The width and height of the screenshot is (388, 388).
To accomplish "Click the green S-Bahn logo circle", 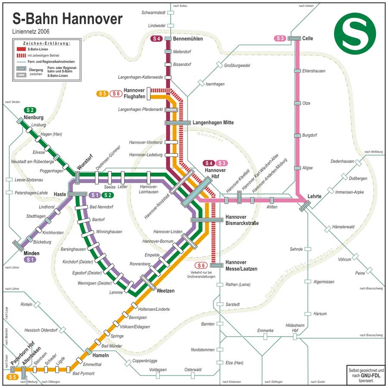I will click(x=355, y=33).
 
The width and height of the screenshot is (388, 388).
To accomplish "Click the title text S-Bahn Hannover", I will click(x=67, y=19).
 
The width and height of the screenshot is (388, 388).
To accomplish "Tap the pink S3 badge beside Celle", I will click(x=280, y=38).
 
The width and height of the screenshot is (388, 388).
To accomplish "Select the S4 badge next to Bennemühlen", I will click(x=156, y=39).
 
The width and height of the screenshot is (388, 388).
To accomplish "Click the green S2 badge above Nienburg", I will click(x=30, y=110).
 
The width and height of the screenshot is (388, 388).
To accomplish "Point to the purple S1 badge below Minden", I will click(x=30, y=260).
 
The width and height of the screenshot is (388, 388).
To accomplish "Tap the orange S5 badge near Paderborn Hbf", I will click(x=12, y=377).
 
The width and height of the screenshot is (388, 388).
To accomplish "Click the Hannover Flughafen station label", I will click(x=134, y=93).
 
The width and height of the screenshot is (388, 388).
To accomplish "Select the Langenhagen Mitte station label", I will click(x=213, y=123).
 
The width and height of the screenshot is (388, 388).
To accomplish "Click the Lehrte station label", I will click(x=314, y=197).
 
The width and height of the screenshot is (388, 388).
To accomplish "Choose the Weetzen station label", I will click(x=166, y=291).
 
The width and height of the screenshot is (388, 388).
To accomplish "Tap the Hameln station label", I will click(x=100, y=356).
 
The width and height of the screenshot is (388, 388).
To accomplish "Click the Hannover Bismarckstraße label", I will click(x=242, y=220).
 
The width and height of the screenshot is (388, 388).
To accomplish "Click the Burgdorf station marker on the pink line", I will click(x=297, y=135).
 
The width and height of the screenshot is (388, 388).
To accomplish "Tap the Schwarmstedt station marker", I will click(x=171, y=13).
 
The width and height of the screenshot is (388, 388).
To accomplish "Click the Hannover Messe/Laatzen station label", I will click(x=241, y=266).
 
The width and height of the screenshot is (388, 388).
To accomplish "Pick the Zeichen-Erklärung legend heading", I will click(x=47, y=44).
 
